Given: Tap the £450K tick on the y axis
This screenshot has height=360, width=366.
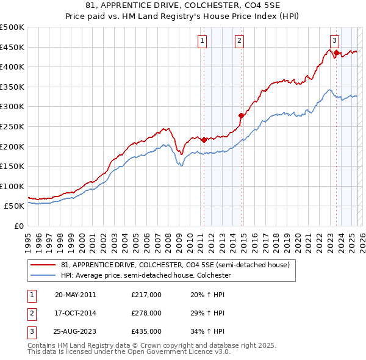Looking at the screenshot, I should (12, 47).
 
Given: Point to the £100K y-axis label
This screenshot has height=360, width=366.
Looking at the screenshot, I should (12, 186).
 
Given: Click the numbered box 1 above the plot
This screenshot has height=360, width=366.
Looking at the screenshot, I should (202, 41).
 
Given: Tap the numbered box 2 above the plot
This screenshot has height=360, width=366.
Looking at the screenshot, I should (239, 41).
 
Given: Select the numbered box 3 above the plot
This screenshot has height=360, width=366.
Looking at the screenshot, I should (334, 41).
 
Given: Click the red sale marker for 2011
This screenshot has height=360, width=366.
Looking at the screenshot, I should (204, 140).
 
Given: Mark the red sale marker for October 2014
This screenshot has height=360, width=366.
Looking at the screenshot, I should (241, 115).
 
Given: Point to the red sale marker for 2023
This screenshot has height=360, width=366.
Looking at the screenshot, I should (336, 52).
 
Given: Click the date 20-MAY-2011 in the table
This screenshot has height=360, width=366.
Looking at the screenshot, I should (75, 295).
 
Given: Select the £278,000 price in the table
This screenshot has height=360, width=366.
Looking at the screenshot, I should (146, 313).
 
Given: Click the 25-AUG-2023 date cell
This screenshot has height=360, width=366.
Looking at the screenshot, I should (75, 331).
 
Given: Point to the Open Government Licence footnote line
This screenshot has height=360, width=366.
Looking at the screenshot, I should (129, 352).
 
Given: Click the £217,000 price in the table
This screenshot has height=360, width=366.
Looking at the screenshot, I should (146, 295).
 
